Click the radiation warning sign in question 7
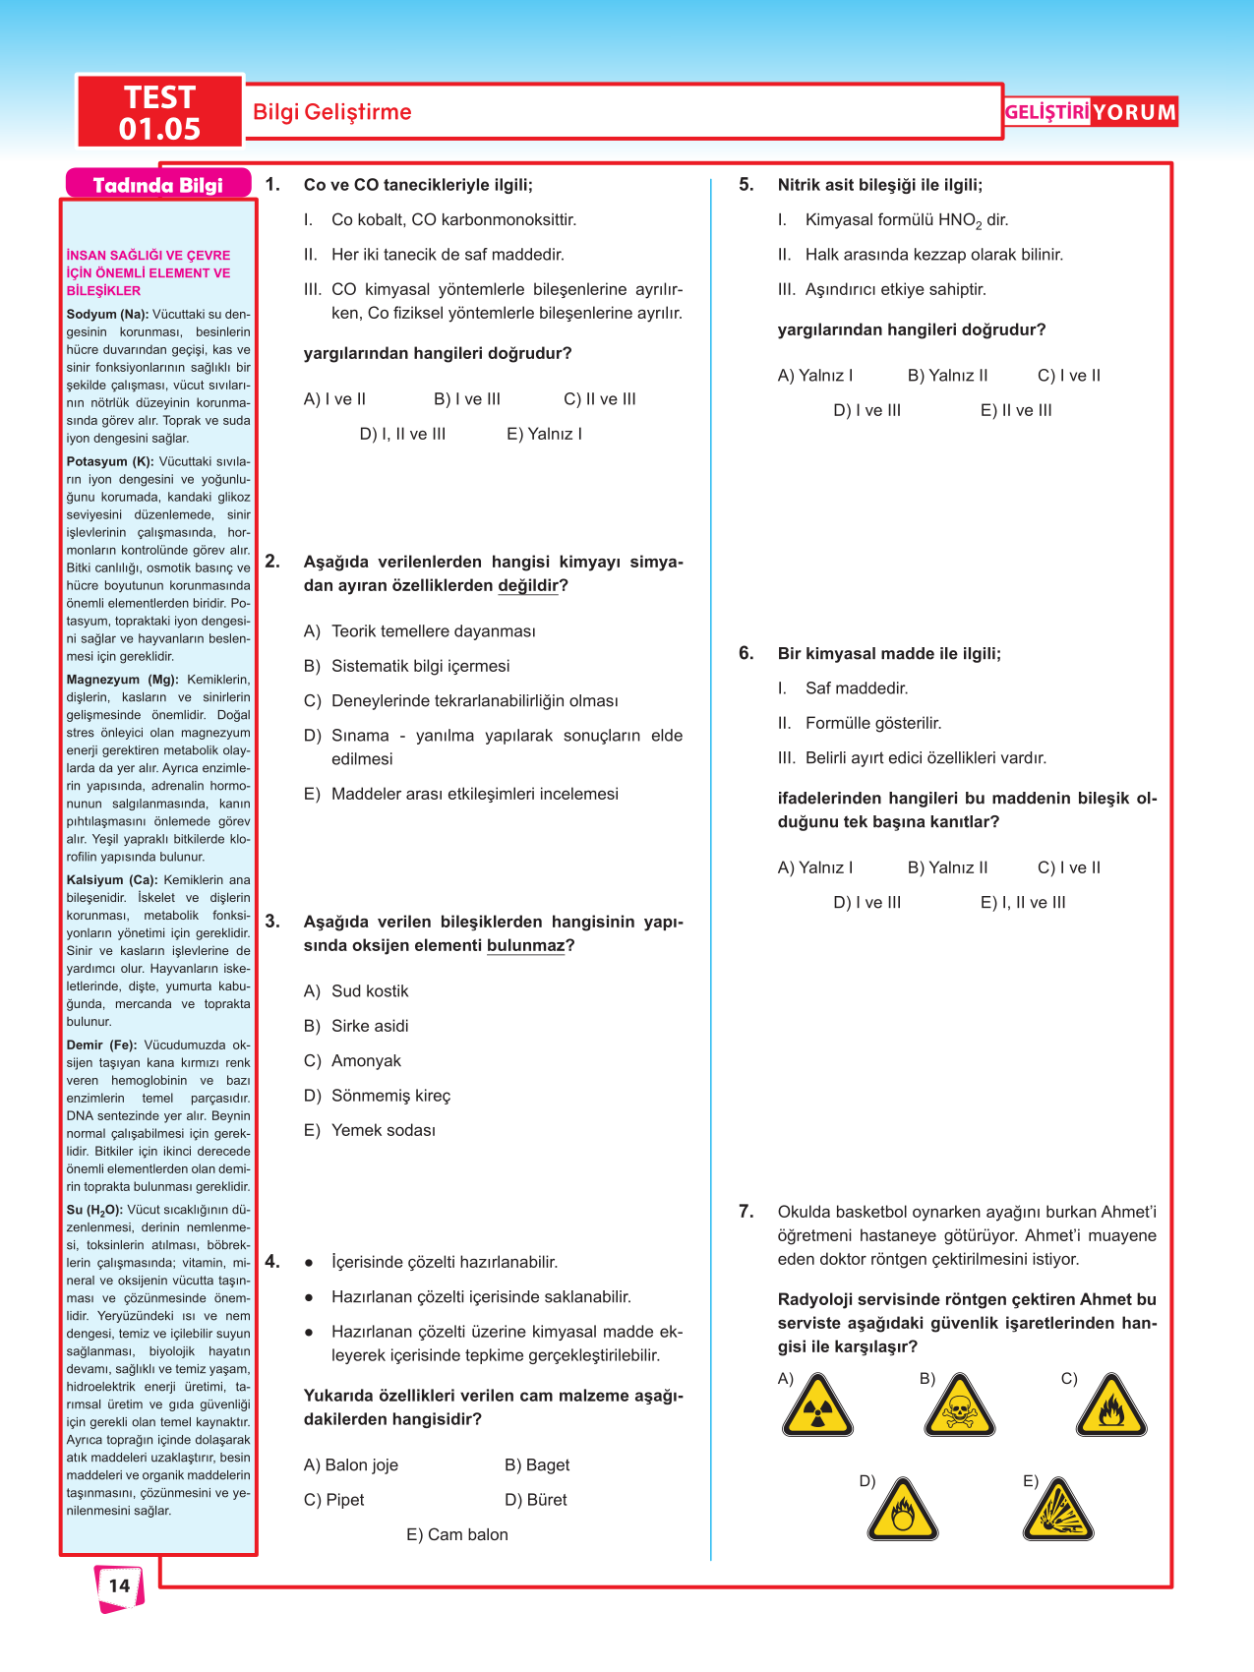[817, 1407]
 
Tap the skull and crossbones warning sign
[959, 1407]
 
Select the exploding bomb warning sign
[1057, 1510]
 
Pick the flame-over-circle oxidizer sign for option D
[902, 1511]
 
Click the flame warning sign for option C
[1110, 1407]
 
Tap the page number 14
[119, 1585]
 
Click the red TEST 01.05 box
[159, 112]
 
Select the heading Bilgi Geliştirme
[332, 112]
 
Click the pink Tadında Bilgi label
[157, 185]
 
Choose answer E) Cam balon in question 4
[457, 1534]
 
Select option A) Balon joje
[351, 1464]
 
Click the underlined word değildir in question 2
[527, 586]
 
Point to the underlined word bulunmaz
[525, 946]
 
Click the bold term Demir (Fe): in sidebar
[101, 1045]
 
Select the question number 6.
[746, 653]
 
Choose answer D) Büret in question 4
[536, 1500]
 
